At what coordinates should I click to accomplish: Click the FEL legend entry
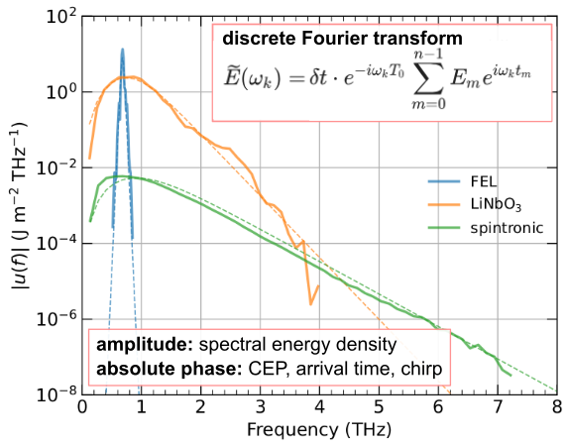462,181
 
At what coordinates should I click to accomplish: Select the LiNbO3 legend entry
475,205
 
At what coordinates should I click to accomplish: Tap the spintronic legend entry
486,228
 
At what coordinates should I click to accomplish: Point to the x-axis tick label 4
319,406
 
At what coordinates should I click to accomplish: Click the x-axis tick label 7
498,406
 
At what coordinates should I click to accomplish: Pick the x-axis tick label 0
82,406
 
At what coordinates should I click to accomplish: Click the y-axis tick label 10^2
61,16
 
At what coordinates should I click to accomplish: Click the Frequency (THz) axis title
319,429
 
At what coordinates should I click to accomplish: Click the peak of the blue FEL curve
122,50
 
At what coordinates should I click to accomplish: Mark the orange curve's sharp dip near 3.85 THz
310,304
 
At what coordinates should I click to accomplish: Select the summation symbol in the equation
428,78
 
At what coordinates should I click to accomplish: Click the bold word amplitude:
145,345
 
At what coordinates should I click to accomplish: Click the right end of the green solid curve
510,376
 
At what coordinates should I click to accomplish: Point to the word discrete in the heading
260,39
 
